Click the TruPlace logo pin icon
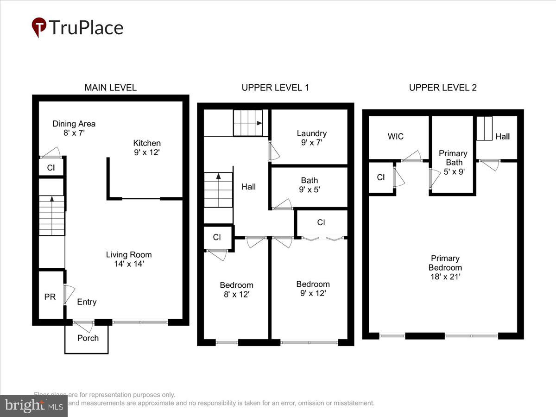click(x=39, y=27)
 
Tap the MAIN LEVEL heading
click(x=110, y=88)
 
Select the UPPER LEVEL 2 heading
click(x=442, y=88)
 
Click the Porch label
click(x=88, y=338)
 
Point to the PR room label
click(x=50, y=297)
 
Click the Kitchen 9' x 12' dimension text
click(x=146, y=152)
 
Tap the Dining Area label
click(x=74, y=124)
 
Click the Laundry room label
click(x=311, y=133)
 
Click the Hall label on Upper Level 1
click(x=248, y=187)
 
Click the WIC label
click(x=395, y=136)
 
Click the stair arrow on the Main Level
click(x=51, y=199)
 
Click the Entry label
click(x=87, y=302)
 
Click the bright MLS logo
click(x=33, y=406)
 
